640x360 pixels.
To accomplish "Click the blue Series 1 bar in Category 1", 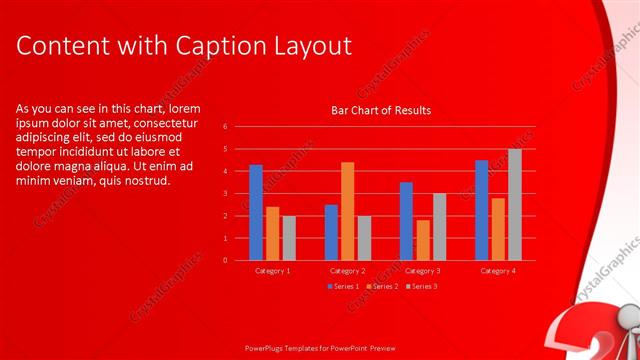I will [x=256, y=212].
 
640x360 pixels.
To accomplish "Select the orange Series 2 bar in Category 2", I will [x=347, y=211].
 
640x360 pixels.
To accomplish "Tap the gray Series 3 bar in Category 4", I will [x=514, y=204].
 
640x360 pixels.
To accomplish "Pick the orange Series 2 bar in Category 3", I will [x=423, y=240].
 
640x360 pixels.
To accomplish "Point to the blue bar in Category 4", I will [x=481, y=210].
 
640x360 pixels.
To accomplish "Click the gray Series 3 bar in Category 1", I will [x=289, y=238].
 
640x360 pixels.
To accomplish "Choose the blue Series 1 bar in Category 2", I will [x=331, y=232].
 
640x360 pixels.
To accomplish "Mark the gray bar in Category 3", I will [x=439, y=226].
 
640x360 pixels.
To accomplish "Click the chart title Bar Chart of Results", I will [x=381, y=110].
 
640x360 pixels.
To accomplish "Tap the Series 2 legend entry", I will [x=381, y=287].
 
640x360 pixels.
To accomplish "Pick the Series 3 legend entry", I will [x=421, y=287].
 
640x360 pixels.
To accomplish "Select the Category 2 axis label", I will [x=348, y=271].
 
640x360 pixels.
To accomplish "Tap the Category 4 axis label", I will [x=498, y=271].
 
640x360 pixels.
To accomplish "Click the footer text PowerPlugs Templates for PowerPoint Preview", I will [x=320, y=350].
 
